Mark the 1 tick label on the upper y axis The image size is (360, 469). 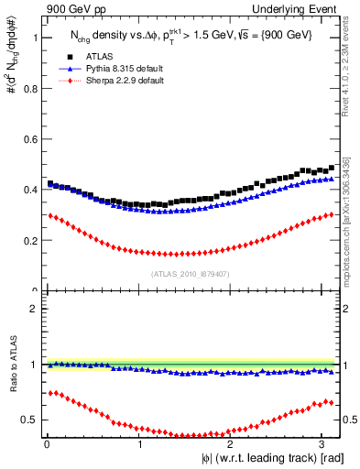click(x=34, y=38)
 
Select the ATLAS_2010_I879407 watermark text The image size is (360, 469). click(x=190, y=273)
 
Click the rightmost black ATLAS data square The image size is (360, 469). click(x=332, y=168)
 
